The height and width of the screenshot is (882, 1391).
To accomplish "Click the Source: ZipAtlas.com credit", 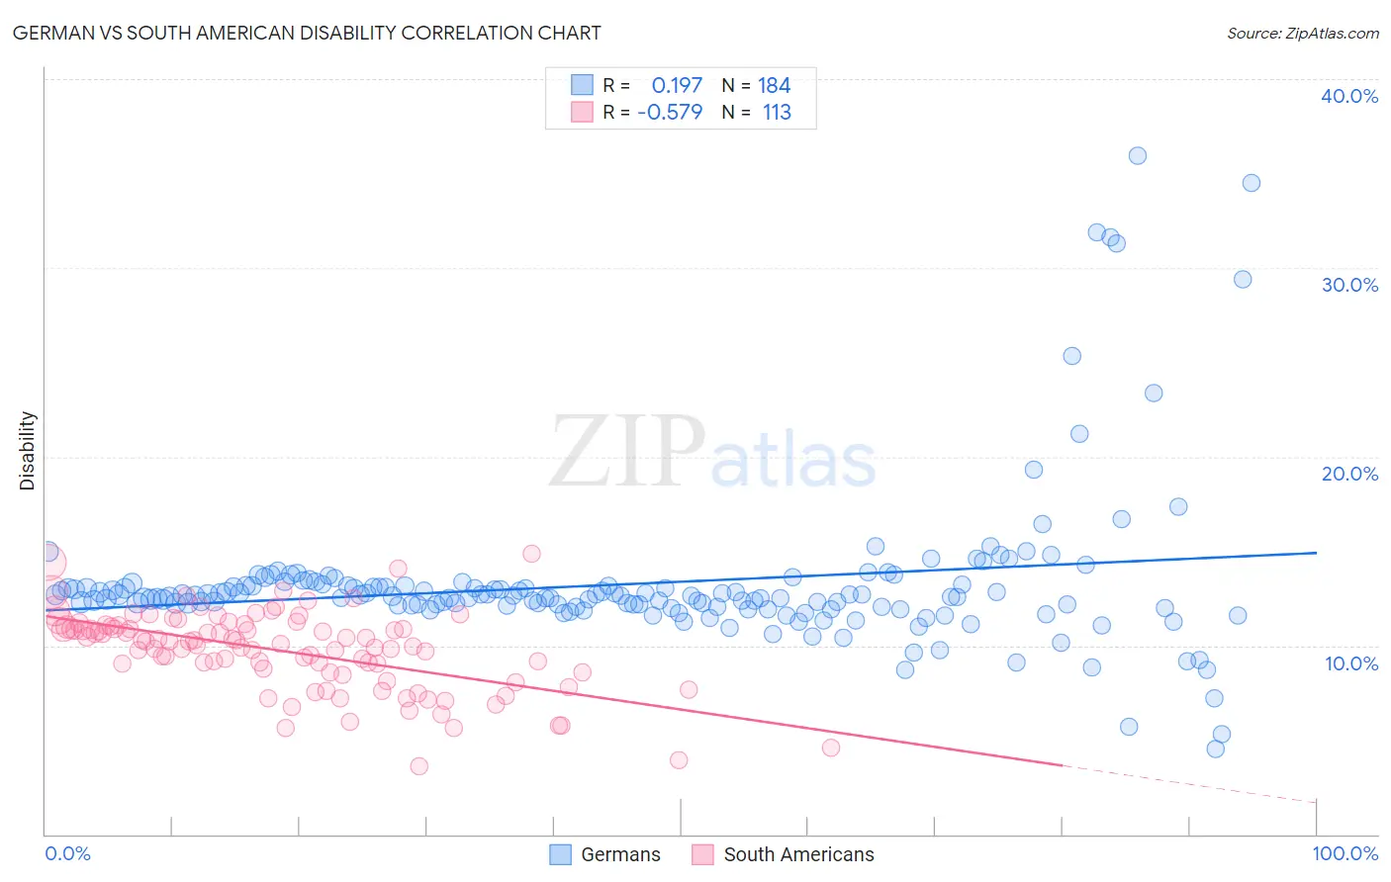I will (x=1302, y=33).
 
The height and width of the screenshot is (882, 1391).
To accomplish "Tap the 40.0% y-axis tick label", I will (x=1349, y=96).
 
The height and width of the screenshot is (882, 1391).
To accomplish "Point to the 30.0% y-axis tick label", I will (x=1349, y=285).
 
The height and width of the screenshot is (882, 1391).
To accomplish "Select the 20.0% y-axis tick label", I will (x=1349, y=474).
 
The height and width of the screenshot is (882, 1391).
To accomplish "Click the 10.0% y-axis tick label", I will (x=1351, y=662).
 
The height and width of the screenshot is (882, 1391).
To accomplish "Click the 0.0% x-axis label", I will (x=67, y=853).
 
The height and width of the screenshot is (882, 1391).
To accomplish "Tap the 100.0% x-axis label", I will (x=1345, y=853).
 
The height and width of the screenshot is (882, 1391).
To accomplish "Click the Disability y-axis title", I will (x=28, y=451).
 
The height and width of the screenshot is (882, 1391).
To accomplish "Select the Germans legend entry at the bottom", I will (x=604, y=854).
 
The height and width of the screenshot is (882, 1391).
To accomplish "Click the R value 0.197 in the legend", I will (x=677, y=86).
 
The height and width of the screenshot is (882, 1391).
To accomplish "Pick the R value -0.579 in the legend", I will (x=670, y=113).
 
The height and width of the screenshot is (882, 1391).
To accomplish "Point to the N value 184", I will (x=774, y=86).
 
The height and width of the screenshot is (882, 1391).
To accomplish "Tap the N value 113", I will (x=777, y=113).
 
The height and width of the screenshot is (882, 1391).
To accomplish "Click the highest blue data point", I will (x=1138, y=156).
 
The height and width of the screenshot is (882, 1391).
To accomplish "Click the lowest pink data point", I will (x=419, y=766).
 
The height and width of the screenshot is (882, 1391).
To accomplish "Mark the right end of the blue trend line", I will (x=1316, y=553).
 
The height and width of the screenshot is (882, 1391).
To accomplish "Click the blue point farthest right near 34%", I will (x=1252, y=183).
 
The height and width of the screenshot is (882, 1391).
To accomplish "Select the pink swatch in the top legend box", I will (x=582, y=113).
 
